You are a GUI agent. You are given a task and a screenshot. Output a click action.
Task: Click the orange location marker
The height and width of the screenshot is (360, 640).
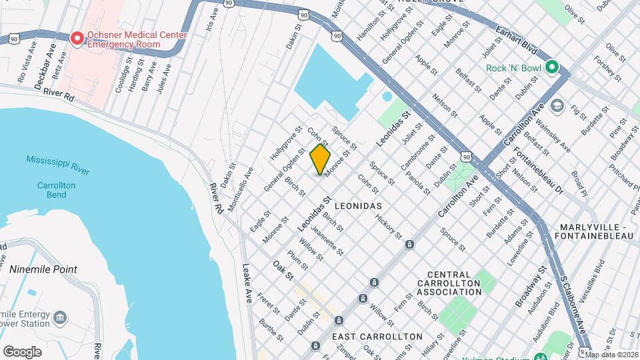point(320,159)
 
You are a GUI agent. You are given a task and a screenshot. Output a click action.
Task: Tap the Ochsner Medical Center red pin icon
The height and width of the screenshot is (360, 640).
point(77,39)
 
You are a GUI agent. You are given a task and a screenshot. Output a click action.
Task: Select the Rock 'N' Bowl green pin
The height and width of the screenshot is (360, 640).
point(551,67)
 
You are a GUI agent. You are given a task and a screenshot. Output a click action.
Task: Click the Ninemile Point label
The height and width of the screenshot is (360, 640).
point(43,269)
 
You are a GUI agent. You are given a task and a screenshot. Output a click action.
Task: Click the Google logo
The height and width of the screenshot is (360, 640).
point(22,351)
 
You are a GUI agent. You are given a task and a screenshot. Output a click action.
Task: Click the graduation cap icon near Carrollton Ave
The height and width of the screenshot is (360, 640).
point(557,106)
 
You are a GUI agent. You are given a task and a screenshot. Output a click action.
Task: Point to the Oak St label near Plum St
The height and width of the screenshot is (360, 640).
point(283,269)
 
